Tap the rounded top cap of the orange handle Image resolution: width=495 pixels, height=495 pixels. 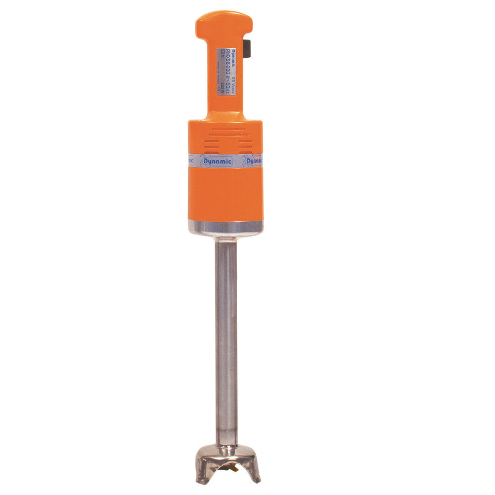tap(224, 21)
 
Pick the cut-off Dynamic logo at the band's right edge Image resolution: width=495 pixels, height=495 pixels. tap(253, 161)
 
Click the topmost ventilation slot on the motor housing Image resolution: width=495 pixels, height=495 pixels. tap(224, 130)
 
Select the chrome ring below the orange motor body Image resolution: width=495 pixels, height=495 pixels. tap(225, 227)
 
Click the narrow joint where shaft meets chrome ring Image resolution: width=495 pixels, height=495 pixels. tap(226, 239)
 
